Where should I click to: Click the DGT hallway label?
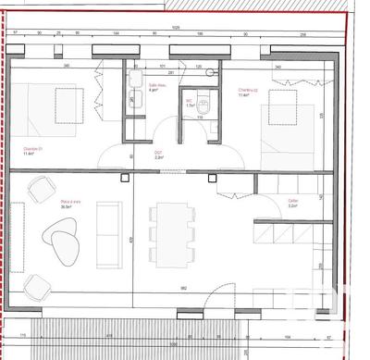pyautogui.click(x=158, y=155)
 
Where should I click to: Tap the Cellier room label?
pyautogui.click(x=292, y=203)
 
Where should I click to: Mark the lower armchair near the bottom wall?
pyautogui.click(x=37, y=286)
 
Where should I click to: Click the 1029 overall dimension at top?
pyautogui.click(x=176, y=28)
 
